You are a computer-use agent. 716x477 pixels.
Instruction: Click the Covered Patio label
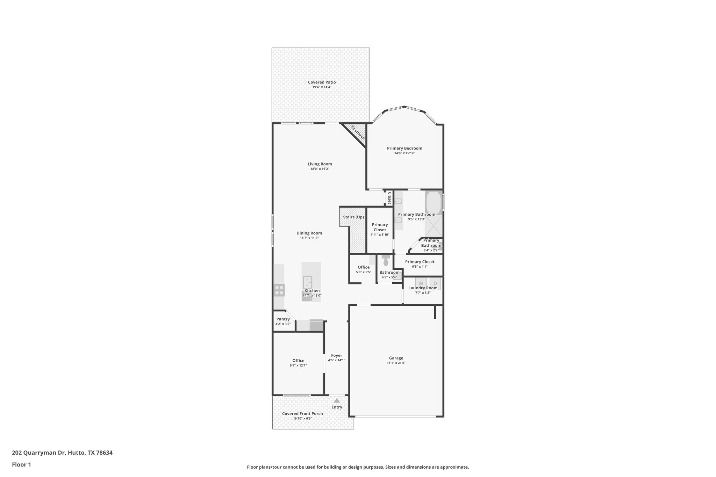[x=322, y=82]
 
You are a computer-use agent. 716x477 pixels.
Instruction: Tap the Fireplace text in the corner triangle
[x=358, y=132]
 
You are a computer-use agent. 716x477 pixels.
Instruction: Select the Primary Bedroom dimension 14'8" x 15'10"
[x=404, y=153]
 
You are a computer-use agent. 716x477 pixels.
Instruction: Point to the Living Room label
[x=320, y=164]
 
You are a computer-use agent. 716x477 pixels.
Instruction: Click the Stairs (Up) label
[x=353, y=217]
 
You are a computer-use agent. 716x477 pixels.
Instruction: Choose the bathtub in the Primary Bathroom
[x=434, y=202]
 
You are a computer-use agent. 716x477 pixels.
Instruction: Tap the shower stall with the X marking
[x=434, y=226]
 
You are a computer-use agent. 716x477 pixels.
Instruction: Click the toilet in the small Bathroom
[x=386, y=261]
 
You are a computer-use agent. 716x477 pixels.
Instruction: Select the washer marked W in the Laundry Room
[x=421, y=283]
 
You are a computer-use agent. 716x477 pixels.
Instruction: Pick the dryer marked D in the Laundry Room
[x=435, y=283]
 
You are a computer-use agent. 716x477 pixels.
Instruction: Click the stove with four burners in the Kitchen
[x=279, y=290]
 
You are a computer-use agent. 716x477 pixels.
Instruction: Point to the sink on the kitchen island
[x=307, y=281]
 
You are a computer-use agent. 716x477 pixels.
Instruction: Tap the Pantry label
[x=283, y=319]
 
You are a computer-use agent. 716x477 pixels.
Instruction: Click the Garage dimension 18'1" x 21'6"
[x=396, y=363]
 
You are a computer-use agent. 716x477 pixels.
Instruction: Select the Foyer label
[x=336, y=355]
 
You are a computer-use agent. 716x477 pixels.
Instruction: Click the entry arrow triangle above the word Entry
[x=337, y=400]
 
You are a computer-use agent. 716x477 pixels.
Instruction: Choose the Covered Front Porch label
[x=302, y=414]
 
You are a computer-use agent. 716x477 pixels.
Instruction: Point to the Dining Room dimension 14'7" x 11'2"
[x=309, y=238]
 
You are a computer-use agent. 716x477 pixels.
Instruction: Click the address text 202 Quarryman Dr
[x=38, y=453]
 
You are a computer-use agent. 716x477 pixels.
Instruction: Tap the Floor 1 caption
[x=21, y=465]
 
